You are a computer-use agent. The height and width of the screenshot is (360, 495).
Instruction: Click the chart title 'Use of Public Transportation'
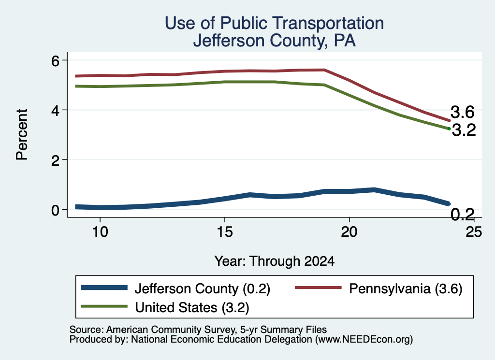pos(275,23)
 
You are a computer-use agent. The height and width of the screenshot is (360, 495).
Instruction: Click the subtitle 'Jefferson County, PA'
pos(275,41)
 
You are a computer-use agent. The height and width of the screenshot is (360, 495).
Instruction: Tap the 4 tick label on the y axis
pos(55,111)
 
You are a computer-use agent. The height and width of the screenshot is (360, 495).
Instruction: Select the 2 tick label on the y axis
pos(55,160)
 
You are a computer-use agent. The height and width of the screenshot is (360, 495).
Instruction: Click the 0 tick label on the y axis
pos(55,210)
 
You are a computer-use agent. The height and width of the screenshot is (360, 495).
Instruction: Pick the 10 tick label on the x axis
pos(100,232)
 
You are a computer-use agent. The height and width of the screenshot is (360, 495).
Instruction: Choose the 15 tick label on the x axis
pos(225,232)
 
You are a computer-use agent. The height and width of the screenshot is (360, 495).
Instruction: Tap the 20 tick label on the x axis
pos(349,232)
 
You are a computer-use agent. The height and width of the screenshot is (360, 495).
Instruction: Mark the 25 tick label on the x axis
pos(474,232)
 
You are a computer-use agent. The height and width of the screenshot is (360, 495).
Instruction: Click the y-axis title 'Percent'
pos(22,135)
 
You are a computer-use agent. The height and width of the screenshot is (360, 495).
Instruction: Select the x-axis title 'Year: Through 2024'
pos(275,261)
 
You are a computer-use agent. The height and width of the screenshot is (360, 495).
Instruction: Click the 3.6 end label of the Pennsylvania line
pos(463,112)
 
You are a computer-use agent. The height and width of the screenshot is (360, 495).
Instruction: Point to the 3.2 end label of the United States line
pos(464,130)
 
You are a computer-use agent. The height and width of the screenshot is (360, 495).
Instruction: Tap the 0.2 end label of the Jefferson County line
pos(463,215)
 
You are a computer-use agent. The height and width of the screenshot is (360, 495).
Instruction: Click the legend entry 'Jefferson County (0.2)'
pos(203,288)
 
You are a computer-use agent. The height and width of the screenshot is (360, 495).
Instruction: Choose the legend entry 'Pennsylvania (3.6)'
pos(406,288)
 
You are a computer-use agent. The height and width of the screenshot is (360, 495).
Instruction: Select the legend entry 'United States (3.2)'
pos(192,307)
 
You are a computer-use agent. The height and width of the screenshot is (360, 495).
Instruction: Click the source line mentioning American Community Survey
pos(198,330)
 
